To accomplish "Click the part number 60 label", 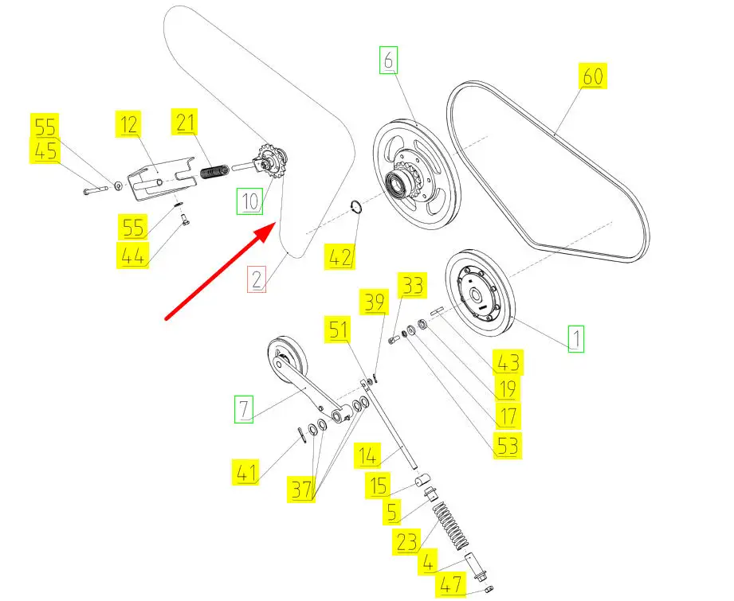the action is coord(592,79).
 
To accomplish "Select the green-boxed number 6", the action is coord(387,60).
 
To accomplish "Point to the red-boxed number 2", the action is coord(256,279).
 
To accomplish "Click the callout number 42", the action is coord(340,256).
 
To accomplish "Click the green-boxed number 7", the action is coord(244,411).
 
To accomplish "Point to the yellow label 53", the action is coord(508,445).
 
